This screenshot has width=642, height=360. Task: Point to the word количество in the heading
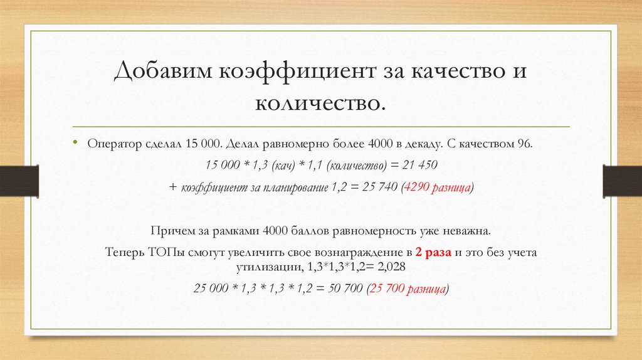(320, 101)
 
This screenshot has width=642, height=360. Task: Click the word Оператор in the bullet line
(111, 143)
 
